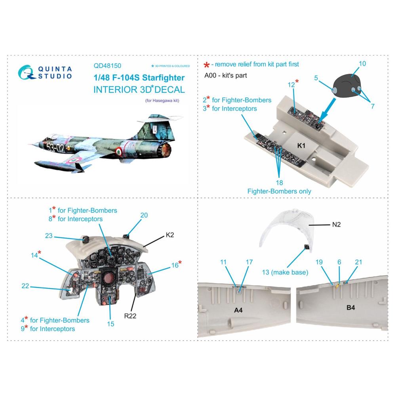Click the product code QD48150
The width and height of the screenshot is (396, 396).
107,66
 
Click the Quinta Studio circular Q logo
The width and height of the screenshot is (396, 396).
26,72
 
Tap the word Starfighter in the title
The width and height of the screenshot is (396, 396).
164,78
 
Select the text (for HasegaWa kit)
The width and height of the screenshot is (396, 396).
162,101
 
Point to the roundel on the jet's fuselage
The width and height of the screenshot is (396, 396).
118,151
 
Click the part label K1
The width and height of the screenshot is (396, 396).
301,145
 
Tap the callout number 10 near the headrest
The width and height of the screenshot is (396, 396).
362,64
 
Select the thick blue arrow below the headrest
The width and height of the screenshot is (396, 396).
327,110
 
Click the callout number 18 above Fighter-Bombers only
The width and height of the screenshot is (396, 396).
279,182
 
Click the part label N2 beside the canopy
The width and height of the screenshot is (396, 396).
336,224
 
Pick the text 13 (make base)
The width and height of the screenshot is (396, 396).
285,272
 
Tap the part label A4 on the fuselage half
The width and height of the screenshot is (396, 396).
238,310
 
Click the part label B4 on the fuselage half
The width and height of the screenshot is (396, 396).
350,307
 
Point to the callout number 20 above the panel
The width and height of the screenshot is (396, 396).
144,215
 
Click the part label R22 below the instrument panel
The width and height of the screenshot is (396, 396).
130,316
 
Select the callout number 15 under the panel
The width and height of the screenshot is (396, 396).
110,324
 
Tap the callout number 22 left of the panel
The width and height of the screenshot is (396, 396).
25,286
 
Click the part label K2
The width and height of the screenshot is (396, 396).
170,235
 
